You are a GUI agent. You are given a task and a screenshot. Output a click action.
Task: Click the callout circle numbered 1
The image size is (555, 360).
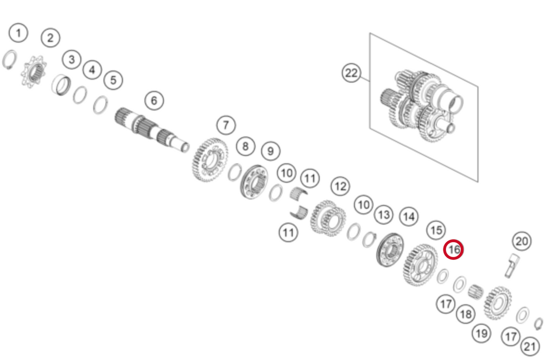(x=19, y=34)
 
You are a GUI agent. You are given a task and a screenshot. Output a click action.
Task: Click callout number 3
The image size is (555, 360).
(x=71, y=60)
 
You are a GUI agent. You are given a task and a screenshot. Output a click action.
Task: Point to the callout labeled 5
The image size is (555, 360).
(x=113, y=80)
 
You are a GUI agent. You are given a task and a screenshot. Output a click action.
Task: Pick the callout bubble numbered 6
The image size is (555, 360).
(x=154, y=100)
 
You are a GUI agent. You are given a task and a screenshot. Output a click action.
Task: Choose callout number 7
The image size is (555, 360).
(x=226, y=124)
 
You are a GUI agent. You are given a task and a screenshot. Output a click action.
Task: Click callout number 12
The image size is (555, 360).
(x=339, y=186)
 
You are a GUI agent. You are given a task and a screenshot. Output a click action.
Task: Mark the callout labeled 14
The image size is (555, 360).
(x=408, y=217)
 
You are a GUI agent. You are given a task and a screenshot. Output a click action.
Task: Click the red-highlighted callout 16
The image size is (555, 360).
(x=454, y=250)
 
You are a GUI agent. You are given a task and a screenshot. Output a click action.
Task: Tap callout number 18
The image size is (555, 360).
(x=466, y=314)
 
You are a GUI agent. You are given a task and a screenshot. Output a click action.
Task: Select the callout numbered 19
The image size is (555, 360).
(x=481, y=334)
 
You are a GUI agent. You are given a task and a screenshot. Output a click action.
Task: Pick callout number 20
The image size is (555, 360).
(x=522, y=241)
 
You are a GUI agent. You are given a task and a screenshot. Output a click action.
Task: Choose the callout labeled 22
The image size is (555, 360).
(x=351, y=73)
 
